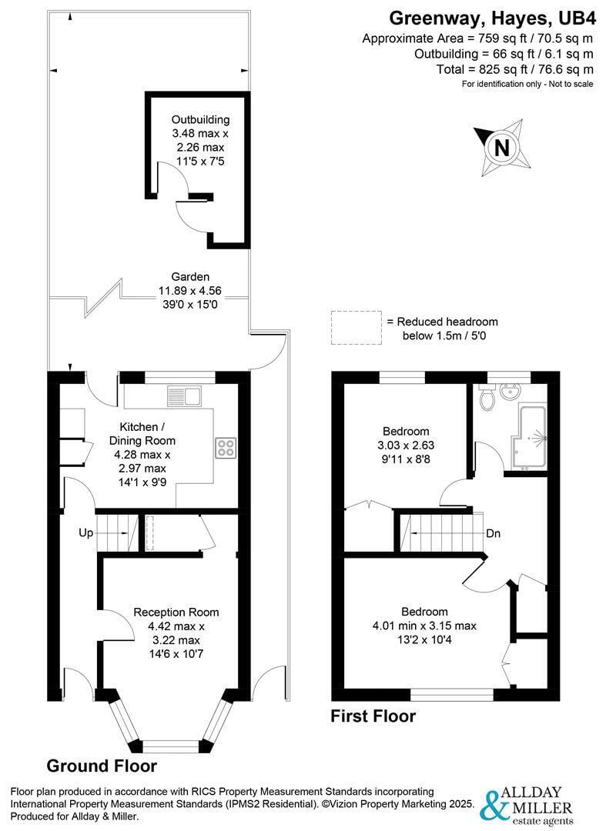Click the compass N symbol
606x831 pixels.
(x=501, y=146)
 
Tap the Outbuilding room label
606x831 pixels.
(x=200, y=119)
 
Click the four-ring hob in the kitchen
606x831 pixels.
(x=226, y=447)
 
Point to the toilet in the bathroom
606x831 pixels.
(x=485, y=399)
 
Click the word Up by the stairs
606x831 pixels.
(x=86, y=532)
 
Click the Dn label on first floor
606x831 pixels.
(x=494, y=533)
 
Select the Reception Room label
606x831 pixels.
(x=176, y=612)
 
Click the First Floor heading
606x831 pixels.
(x=373, y=716)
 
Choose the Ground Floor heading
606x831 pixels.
(x=102, y=766)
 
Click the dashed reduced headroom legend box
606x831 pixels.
(x=356, y=327)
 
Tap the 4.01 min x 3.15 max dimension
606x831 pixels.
(x=424, y=626)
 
